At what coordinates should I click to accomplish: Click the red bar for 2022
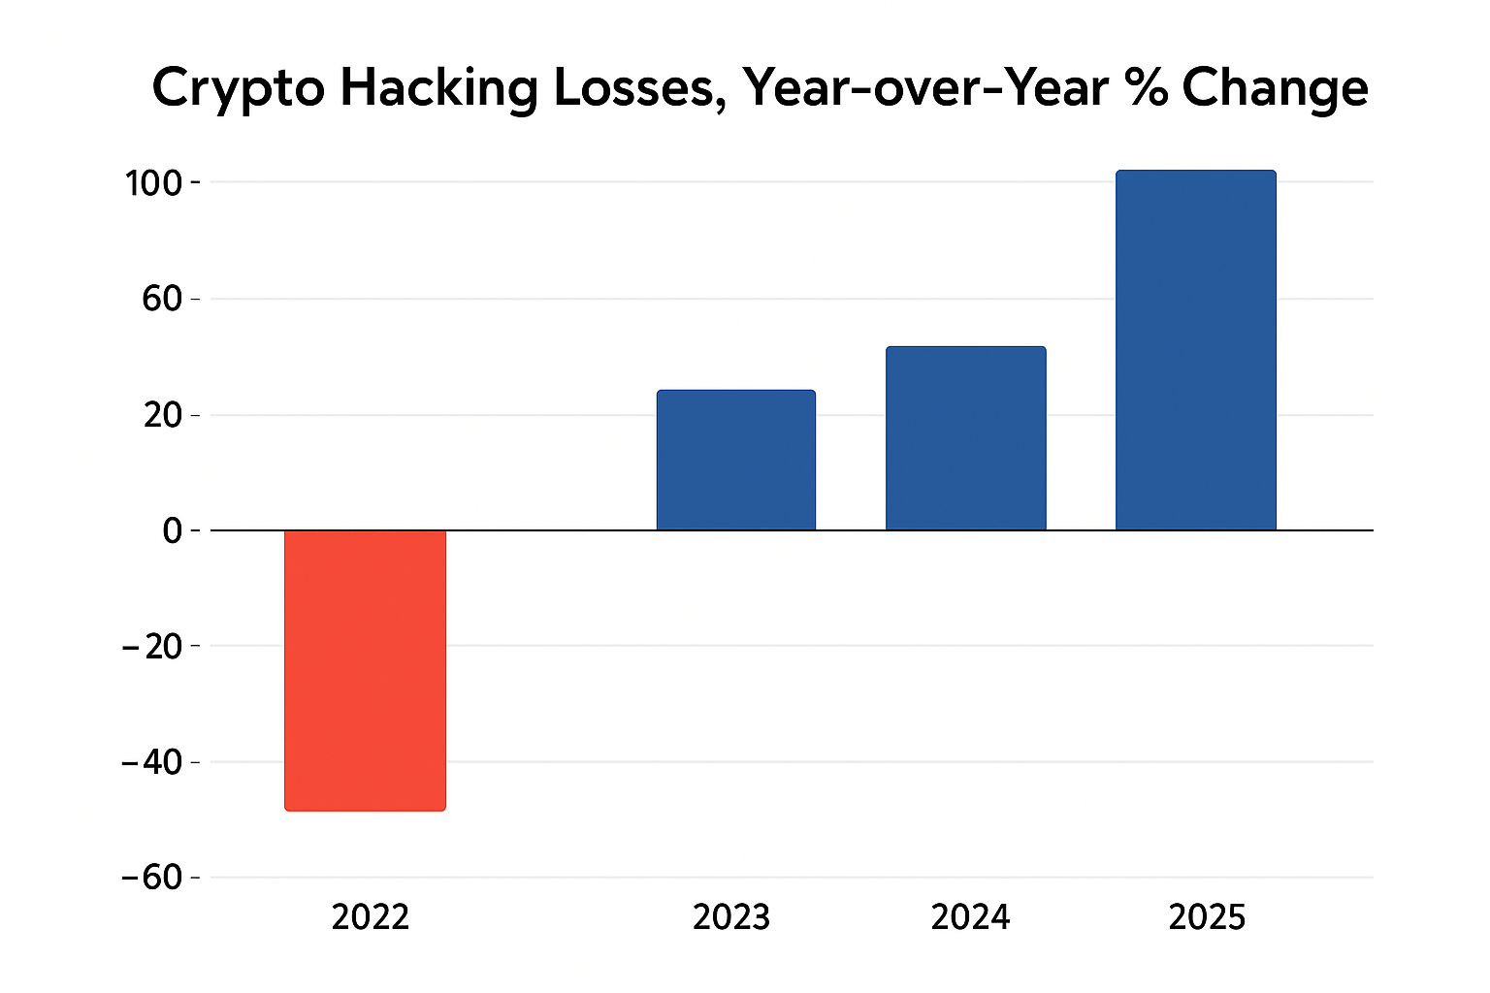pyautogui.click(x=365, y=669)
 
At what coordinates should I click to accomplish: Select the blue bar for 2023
pyautogui.click(x=735, y=460)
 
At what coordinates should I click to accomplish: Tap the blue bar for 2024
pyautogui.click(x=965, y=437)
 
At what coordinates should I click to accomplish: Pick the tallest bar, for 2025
pyautogui.click(x=1195, y=350)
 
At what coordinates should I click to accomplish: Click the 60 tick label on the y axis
pyautogui.click(x=162, y=299)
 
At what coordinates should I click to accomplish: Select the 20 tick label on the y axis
pyautogui.click(x=162, y=415)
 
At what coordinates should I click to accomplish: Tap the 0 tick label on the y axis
pyautogui.click(x=172, y=530)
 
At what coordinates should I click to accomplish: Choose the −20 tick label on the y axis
pyautogui.click(x=152, y=646)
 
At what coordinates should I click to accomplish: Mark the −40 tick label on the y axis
pyautogui.click(x=152, y=762)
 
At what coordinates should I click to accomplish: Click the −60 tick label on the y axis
pyautogui.click(x=152, y=878)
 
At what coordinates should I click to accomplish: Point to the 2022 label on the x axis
pyautogui.click(x=370, y=917)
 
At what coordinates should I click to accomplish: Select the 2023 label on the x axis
pyautogui.click(x=731, y=917)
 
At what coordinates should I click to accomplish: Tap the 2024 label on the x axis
pyautogui.click(x=970, y=917)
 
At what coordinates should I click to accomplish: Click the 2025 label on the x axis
pyautogui.click(x=1207, y=917)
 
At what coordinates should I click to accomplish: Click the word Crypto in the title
pyautogui.click(x=238, y=90)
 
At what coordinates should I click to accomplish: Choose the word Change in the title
pyautogui.click(x=1275, y=90)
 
